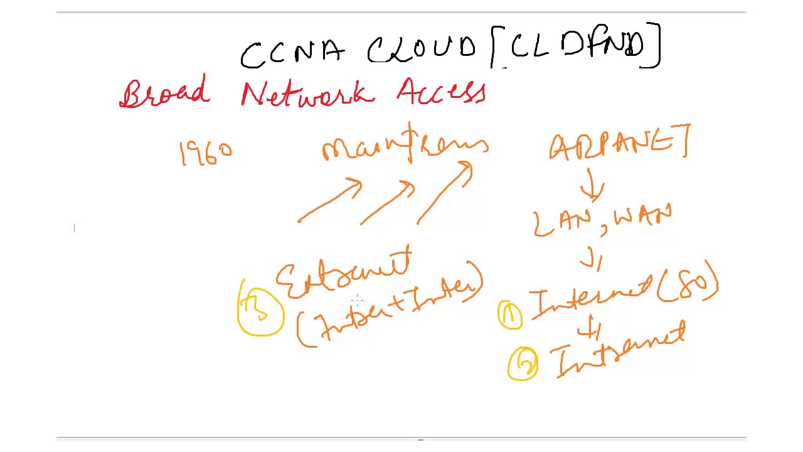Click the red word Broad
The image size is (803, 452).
point(163,93)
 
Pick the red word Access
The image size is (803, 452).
point(441,91)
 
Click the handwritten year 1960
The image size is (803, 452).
point(206,153)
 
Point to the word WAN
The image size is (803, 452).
point(641,219)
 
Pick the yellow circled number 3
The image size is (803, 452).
point(260,311)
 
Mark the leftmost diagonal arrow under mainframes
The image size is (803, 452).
point(330,200)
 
